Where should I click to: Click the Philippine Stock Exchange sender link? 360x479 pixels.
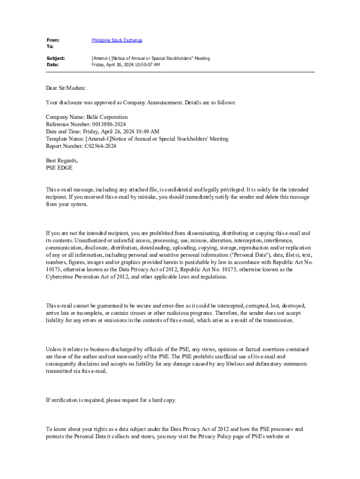point(117,41)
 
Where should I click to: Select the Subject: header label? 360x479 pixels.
point(55,58)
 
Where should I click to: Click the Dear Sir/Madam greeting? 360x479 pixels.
point(66,88)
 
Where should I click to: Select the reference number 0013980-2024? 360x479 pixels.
point(108,124)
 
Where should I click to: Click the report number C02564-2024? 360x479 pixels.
point(101,146)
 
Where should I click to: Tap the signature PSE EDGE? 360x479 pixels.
point(59,168)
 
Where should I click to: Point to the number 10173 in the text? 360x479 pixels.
point(53,269)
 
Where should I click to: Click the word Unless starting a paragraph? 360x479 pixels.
point(54,349)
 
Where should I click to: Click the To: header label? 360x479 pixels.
point(50,47)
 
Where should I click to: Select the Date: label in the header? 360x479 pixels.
point(52,65)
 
